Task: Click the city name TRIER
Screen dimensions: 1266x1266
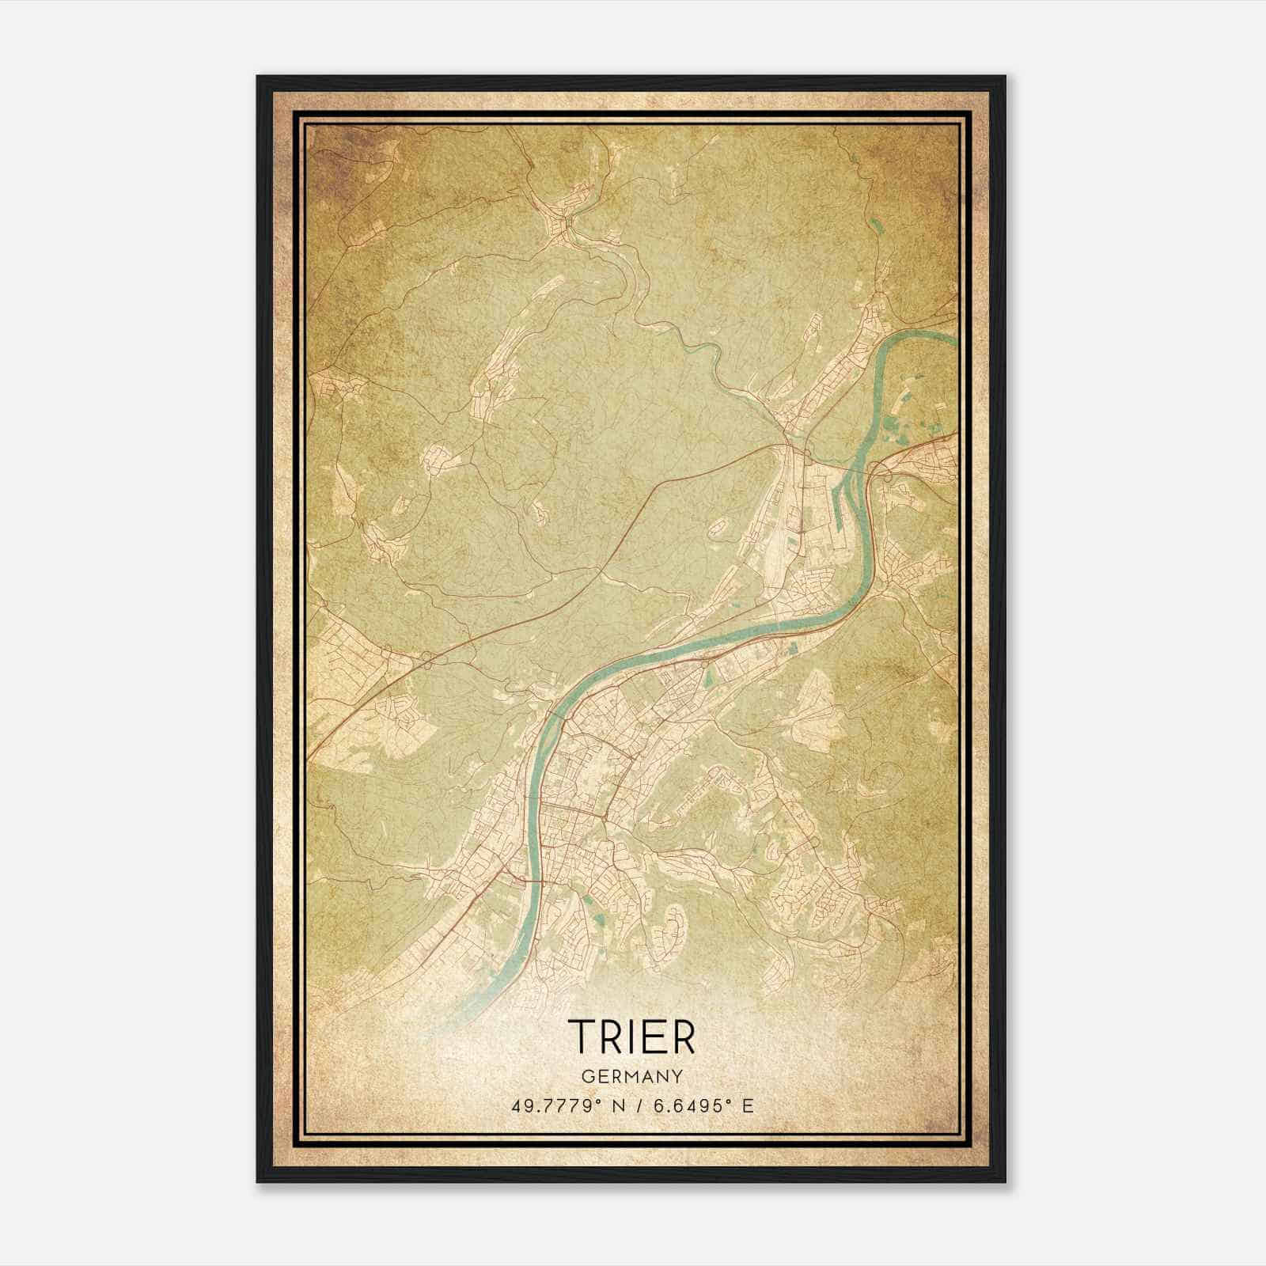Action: (631, 1036)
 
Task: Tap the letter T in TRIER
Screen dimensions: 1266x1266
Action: (581, 1036)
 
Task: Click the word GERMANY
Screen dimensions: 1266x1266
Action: (632, 1076)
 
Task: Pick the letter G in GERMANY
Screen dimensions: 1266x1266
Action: (587, 1076)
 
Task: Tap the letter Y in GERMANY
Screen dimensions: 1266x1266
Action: (677, 1076)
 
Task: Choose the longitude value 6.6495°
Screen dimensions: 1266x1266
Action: (695, 1105)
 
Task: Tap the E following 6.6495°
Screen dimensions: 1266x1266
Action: (748, 1105)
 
